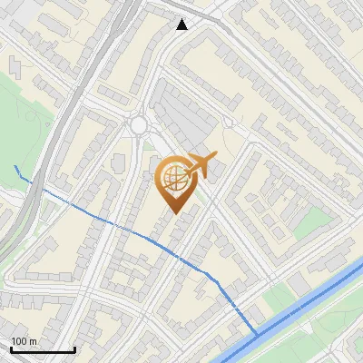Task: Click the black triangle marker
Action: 182,24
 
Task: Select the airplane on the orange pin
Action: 201,164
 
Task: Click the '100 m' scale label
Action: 25,340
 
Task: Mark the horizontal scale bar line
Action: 43,349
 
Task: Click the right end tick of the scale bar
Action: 74,348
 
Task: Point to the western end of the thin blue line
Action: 16,168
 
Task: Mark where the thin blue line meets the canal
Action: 257,335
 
